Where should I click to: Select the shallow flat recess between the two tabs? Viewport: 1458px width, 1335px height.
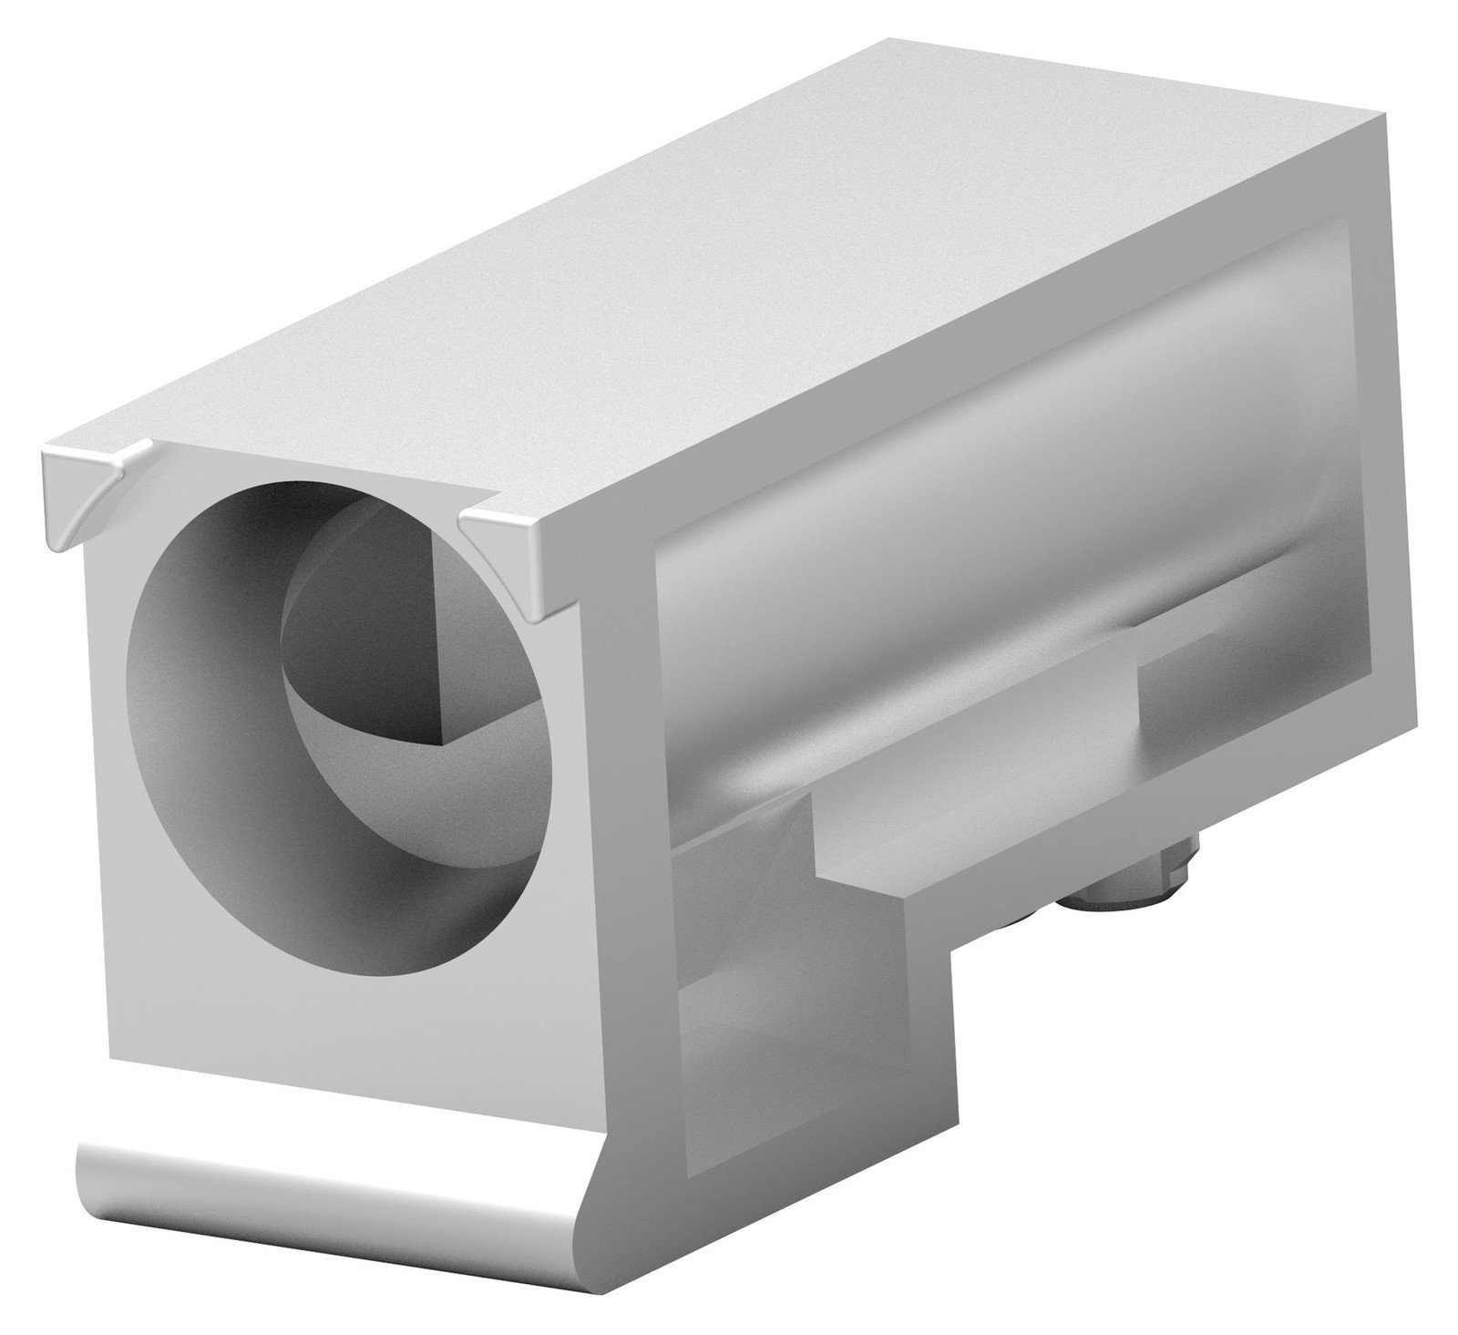coord(301,469)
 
